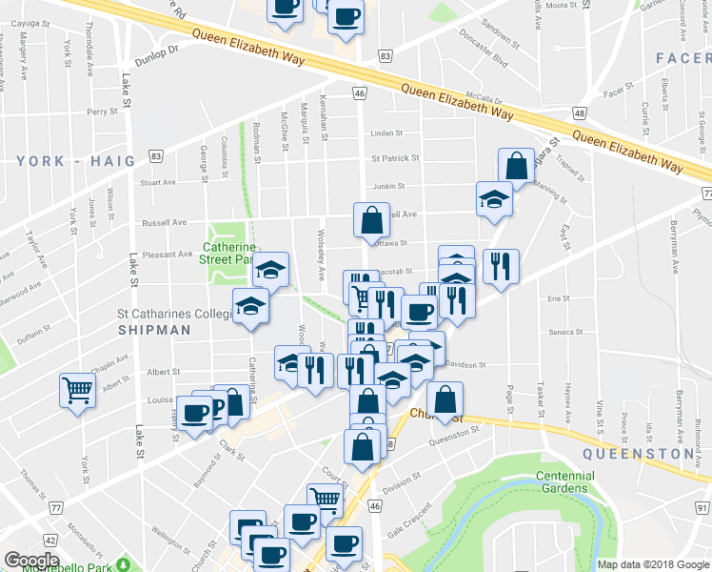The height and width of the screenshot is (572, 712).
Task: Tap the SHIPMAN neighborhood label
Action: (x=154, y=330)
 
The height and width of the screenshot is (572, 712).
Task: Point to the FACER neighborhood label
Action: (x=683, y=59)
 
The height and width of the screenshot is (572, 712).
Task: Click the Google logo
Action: (x=31, y=561)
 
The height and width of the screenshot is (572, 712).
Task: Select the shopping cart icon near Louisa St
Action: (x=77, y=389)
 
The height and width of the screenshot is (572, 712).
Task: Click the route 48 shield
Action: (x=579, y=113)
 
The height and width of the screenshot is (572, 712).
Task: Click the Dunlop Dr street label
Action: (x=159, y=51)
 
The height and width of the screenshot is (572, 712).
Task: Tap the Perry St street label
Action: (x=101, y=112)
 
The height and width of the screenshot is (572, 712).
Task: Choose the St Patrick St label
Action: (x=395, y=158)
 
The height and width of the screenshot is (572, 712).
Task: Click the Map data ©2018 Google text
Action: (x=654, y=564)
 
